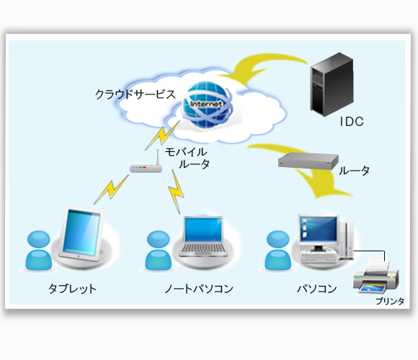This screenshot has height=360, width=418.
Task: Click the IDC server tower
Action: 332,84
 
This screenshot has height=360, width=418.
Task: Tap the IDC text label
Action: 352,122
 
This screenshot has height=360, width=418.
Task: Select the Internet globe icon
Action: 207,104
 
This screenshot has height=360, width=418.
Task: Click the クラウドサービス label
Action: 135,94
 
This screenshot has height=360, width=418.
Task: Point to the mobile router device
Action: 146,166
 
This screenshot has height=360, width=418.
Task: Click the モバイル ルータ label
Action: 187,158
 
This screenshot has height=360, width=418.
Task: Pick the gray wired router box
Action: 308,161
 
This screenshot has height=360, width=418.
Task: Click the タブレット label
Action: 72,289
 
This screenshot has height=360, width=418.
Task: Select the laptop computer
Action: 203,237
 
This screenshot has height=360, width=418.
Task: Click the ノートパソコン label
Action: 199,289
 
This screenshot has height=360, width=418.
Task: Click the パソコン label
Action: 317,289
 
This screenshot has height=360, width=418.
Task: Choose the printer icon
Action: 376,275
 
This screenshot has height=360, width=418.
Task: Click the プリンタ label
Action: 390,301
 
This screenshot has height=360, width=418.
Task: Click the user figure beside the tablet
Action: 39,251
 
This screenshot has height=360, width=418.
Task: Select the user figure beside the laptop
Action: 159,251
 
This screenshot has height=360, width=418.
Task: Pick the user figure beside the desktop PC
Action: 277,251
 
